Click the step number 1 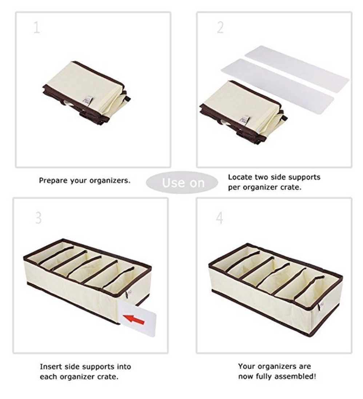37,28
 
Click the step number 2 220,27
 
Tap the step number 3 38,218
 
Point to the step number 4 220,218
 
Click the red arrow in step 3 134,319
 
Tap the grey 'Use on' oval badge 182,182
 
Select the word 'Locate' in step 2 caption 240,177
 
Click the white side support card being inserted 137,318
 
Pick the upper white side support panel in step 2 297,66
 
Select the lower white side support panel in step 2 278,86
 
